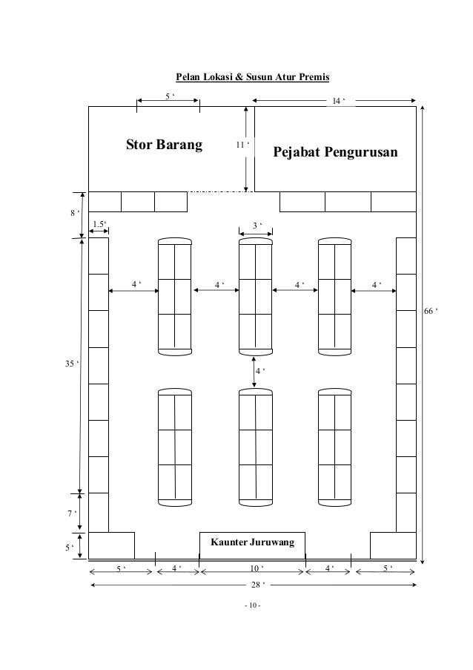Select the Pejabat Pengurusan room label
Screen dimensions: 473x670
(335, 153)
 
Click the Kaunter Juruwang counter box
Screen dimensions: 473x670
(253, 543)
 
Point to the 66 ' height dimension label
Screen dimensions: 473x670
(430, 311)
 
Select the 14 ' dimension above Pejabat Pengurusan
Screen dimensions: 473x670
(339, 99)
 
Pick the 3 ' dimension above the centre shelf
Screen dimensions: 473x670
(256, 225)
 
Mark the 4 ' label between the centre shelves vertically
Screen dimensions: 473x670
(259, 370)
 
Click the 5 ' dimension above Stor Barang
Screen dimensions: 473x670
(169, 96)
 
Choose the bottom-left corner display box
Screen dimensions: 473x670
(111, 545)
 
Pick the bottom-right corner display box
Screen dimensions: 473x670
(393, 545)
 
